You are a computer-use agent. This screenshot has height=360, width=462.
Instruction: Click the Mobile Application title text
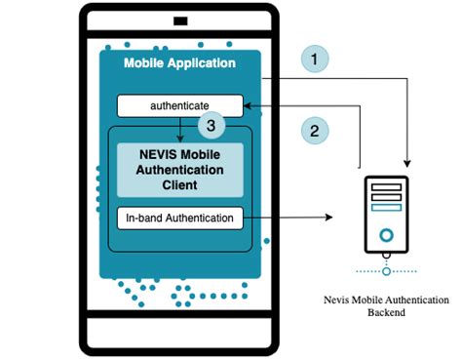point(179,63)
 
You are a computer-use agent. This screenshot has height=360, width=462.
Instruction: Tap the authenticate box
point(179,103)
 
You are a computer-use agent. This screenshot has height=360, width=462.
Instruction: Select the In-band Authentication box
point(179,217)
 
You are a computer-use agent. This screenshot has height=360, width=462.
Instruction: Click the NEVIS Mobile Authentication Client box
point(180,169)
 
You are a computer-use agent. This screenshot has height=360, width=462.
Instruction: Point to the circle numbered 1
point(313,60)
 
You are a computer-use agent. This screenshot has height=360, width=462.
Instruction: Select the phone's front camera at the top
point(179,20)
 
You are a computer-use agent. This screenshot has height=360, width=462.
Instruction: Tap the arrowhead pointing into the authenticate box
point(248,103)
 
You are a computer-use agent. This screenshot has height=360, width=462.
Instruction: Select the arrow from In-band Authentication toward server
point(292,217)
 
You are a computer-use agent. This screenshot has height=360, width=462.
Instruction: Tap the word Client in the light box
point(180,183)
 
